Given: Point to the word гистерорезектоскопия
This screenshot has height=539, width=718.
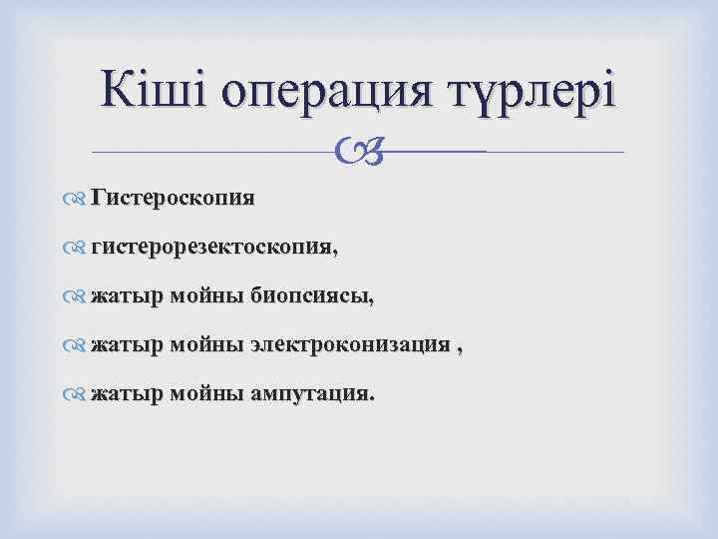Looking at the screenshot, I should pyautogui.click(x=214, y=247).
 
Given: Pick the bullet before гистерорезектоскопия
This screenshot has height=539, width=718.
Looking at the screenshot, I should pyautogui.click(x=80, y=248).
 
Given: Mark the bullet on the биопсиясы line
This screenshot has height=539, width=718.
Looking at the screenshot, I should pyautogui.click(x=80, y=296).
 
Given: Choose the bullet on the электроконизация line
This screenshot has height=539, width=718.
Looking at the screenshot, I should pyautogui.click(x=80, y=345).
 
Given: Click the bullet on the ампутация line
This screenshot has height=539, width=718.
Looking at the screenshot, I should pyautogui.click(x=80, y=394).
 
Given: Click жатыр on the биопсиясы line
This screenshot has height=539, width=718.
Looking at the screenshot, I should pyautogui.click(x=126, y=295).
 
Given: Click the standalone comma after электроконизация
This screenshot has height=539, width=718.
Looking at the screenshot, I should pyautogui.click(x=460, y=348).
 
